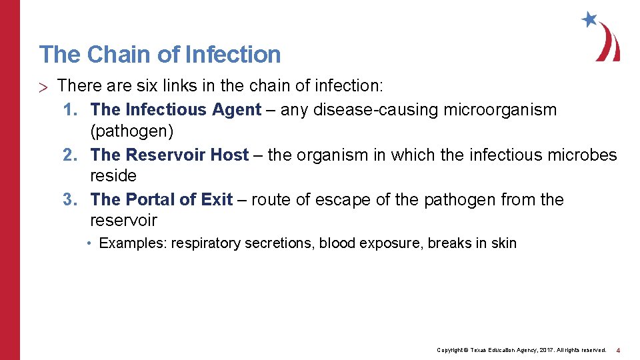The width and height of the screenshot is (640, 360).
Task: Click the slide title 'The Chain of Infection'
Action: pyautogui.click(x=160, y=55)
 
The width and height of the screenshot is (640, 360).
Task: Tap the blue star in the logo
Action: pyautogui.click(x=589, y=19)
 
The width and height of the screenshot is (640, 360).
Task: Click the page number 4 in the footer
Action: pyautogui.click(x=618, y=350)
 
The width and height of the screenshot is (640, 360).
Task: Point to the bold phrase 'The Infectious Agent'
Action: pyautogui.click(x=176, y=109)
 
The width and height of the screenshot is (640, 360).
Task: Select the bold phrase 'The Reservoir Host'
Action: pyautogui.click(x=169, y=155)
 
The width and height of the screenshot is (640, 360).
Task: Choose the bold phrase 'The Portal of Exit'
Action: pyautogui.click(x=161, y=199)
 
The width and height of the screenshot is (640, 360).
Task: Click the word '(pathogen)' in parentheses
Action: pyautogui.click(x=131, y=131)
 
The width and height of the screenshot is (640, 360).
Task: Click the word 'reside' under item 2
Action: pyautogui.click(x=113, y=176)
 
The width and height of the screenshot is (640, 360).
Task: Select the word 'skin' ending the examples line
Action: pyautogui.click(x=504, y=243)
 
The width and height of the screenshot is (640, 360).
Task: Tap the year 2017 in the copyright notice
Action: pyautogui.click(x=539, y=350)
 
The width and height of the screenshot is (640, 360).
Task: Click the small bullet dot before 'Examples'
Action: pyautogui.click(x=89, y=243)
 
